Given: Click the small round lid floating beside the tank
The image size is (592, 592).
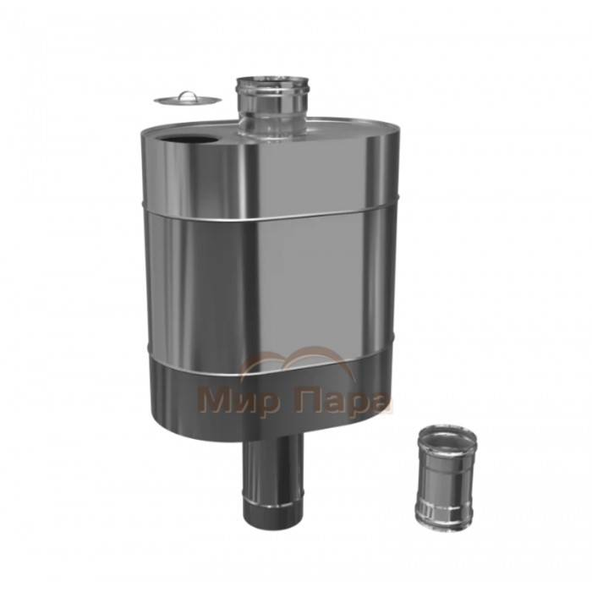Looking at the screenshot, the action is click(187, 99).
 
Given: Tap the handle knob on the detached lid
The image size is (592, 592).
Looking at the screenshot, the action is click(187, 95).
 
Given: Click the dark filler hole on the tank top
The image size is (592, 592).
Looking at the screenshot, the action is click(187, 140).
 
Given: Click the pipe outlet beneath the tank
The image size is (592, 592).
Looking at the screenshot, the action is click(273, 480).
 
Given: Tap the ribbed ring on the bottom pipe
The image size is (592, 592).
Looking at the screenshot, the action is click(273, 504).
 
